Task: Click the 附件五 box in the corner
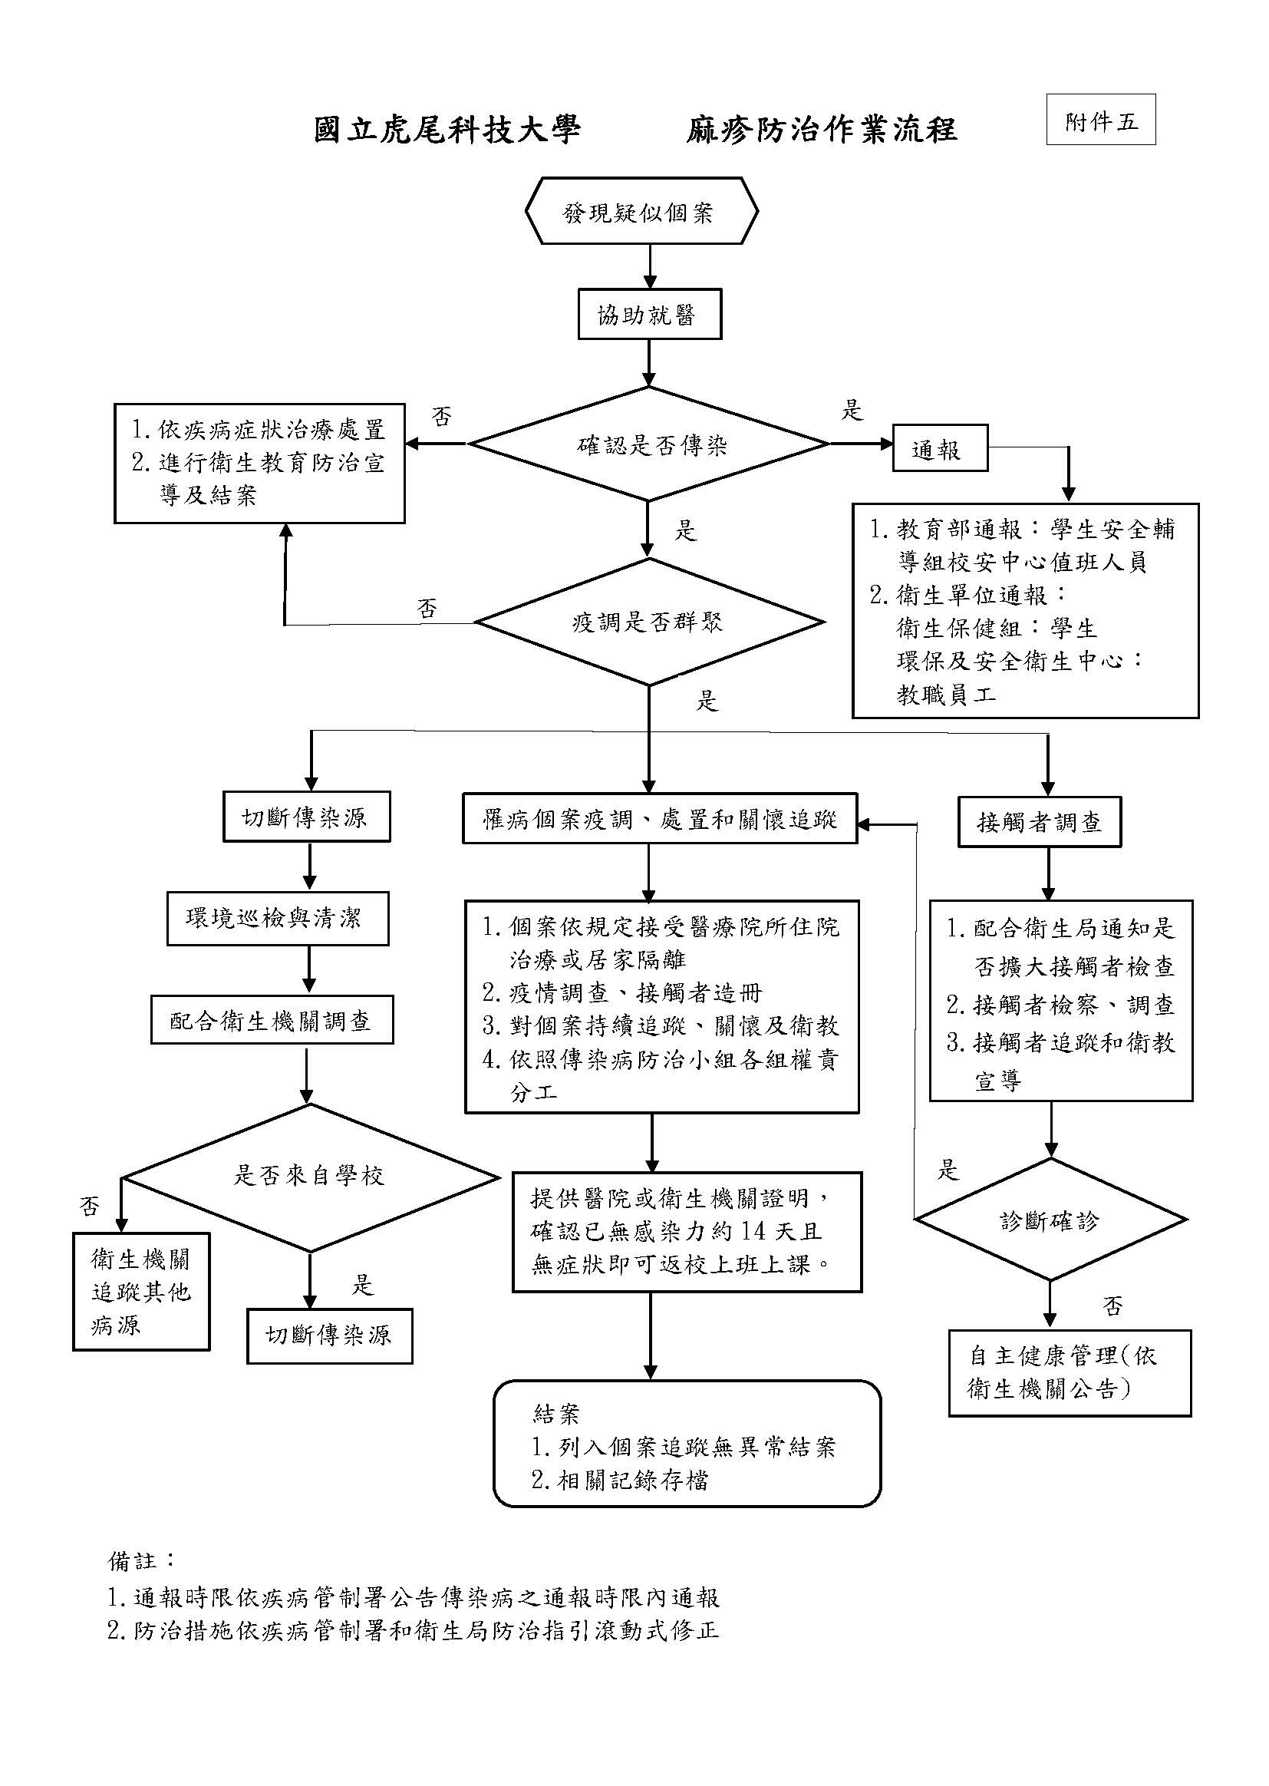coord(1100,120)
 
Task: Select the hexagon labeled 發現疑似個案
coord(641,211)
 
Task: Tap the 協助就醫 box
coord(648,314)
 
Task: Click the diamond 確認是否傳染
coord(648,444)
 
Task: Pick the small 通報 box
coord(939,448)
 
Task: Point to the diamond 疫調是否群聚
coord(648,622)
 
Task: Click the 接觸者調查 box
coord(1040,821)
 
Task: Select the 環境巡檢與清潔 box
coord(277,918)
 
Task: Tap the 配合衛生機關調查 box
coord(271,1020)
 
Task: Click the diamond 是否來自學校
coord(309,1177)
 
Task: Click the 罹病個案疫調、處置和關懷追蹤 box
coord(660,818)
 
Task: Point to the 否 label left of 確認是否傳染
coord(441,416)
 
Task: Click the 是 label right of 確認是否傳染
coord(851,409)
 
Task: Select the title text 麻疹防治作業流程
coord(821,129)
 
